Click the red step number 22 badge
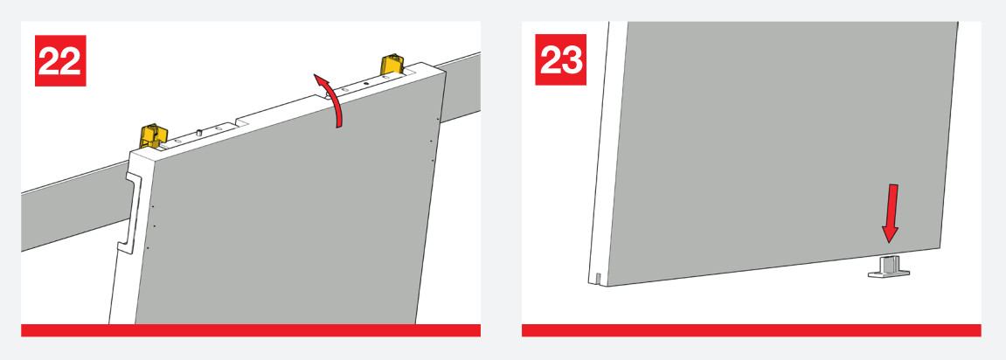click(x=60, y=60)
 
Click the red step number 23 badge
click(x=561, y=59)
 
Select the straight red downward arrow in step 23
click(x=891, y=213)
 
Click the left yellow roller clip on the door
click(x=153, y=135)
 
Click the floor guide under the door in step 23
click(x=889, y=267)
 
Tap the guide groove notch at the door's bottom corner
click(x=598, y=279)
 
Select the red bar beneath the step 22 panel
click(x=251, y=330)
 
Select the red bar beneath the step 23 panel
click(x=752, y=330)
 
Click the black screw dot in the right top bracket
click(x=365, y=83)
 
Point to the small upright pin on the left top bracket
click(x=200, y=132)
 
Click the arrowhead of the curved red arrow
click(x=320, y=80)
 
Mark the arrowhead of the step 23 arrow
click(x=889, y=235)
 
